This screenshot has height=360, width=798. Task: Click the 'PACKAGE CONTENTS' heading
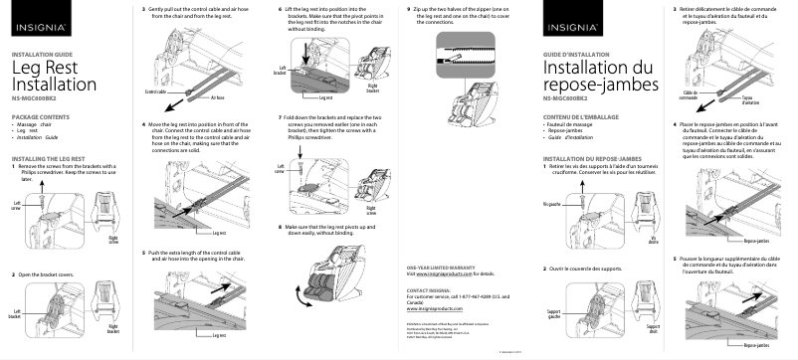(x=39, y=117)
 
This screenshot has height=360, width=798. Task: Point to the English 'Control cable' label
(x=158, y=90)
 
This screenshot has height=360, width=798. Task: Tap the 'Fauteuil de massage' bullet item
(x=570, y=124)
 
